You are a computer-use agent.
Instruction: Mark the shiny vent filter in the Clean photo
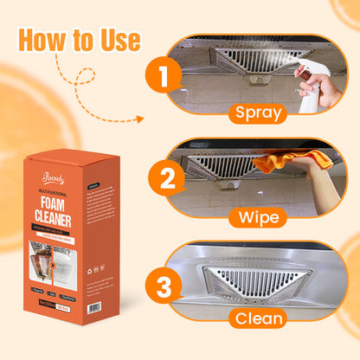click(257, 279)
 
